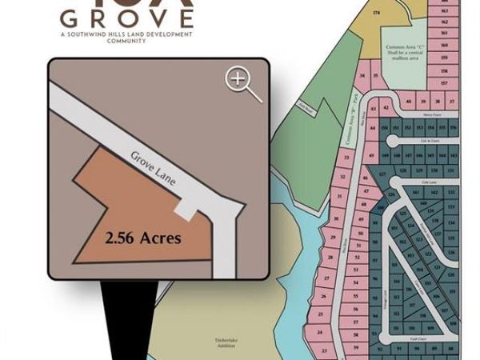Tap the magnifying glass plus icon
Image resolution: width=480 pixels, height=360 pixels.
243,82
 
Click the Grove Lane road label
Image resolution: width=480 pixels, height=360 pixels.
157,167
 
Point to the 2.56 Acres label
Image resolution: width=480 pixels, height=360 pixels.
143,238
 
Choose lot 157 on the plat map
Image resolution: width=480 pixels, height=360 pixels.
444,83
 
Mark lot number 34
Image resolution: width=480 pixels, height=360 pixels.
363,76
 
